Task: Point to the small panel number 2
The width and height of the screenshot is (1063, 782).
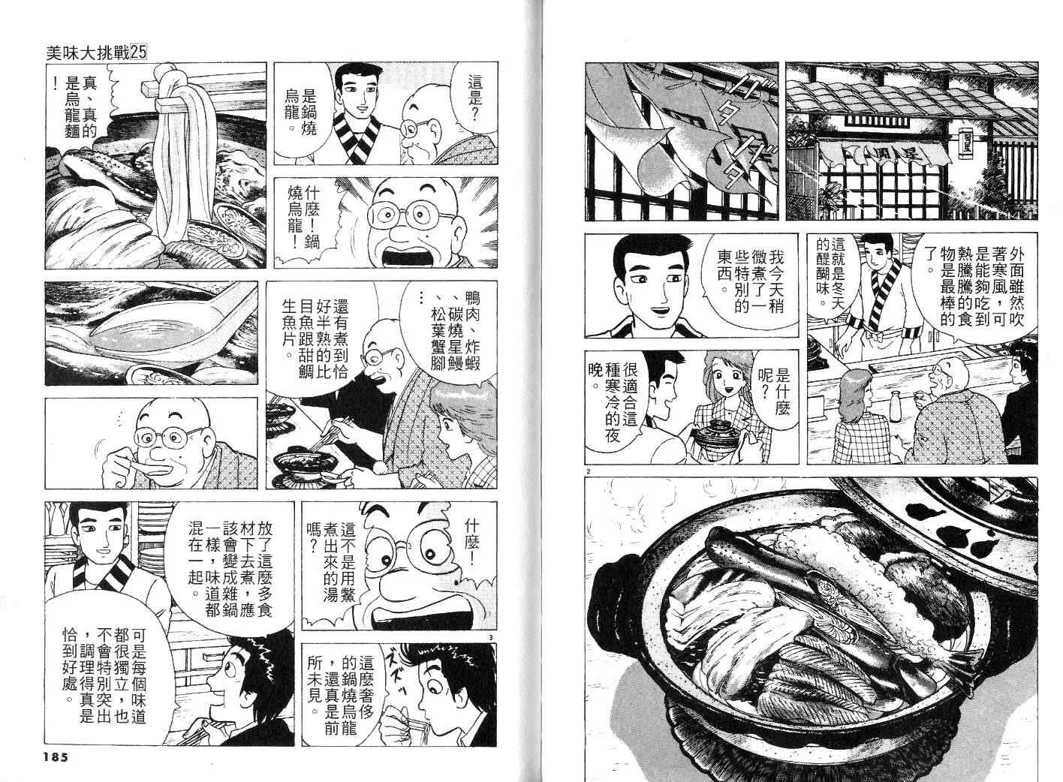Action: [588, 471]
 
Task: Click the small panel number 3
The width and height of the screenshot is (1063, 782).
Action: [491, 637]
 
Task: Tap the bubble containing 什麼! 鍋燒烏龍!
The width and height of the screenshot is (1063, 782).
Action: [304, 218]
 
